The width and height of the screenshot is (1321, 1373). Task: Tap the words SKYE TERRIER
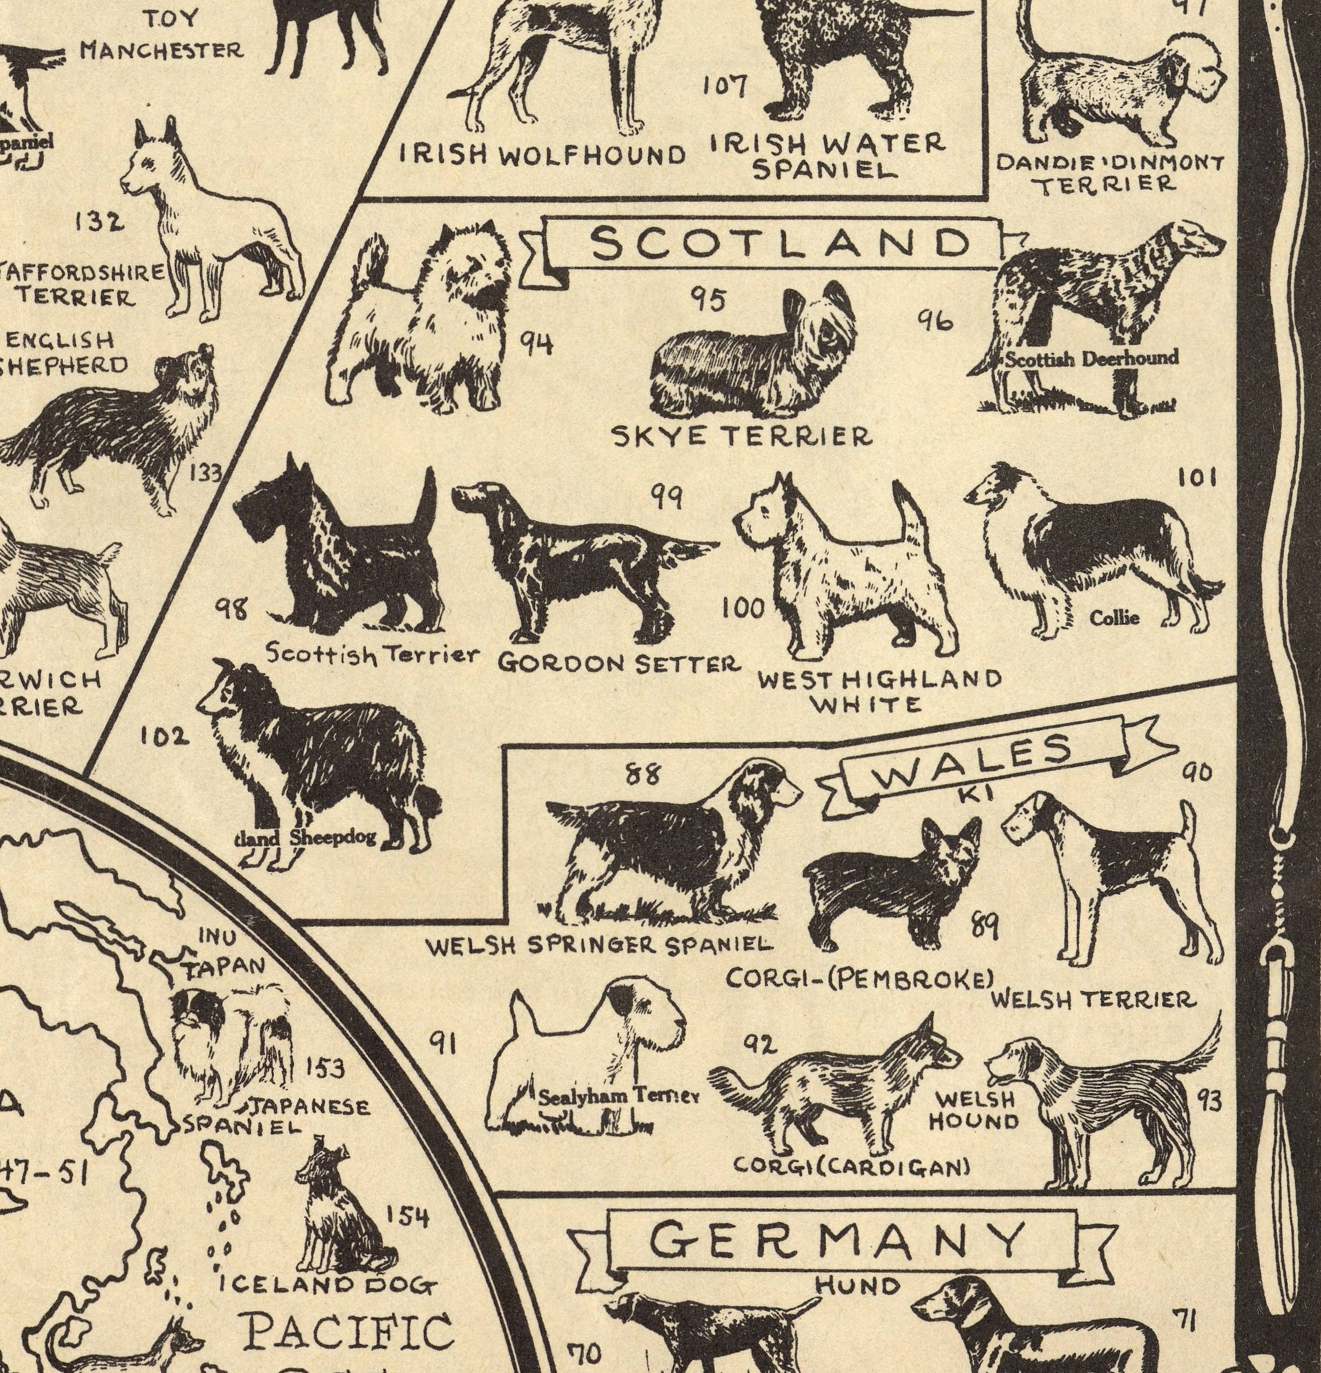pyautogui.click(x=742, y=437)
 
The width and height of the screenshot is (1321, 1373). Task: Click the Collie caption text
pyautogui.click(x=1114, y=617)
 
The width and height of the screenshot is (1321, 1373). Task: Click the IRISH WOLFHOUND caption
pyautogui.click(x=542, y=156)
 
